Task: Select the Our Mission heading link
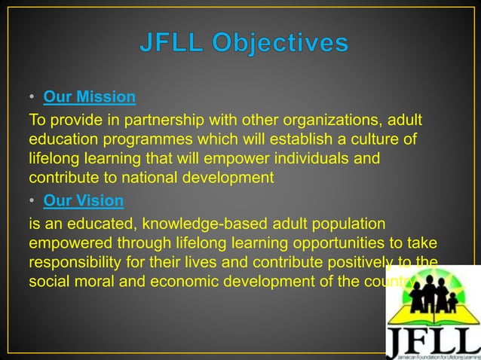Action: pos(90,97)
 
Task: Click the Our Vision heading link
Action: pos(84,201)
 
